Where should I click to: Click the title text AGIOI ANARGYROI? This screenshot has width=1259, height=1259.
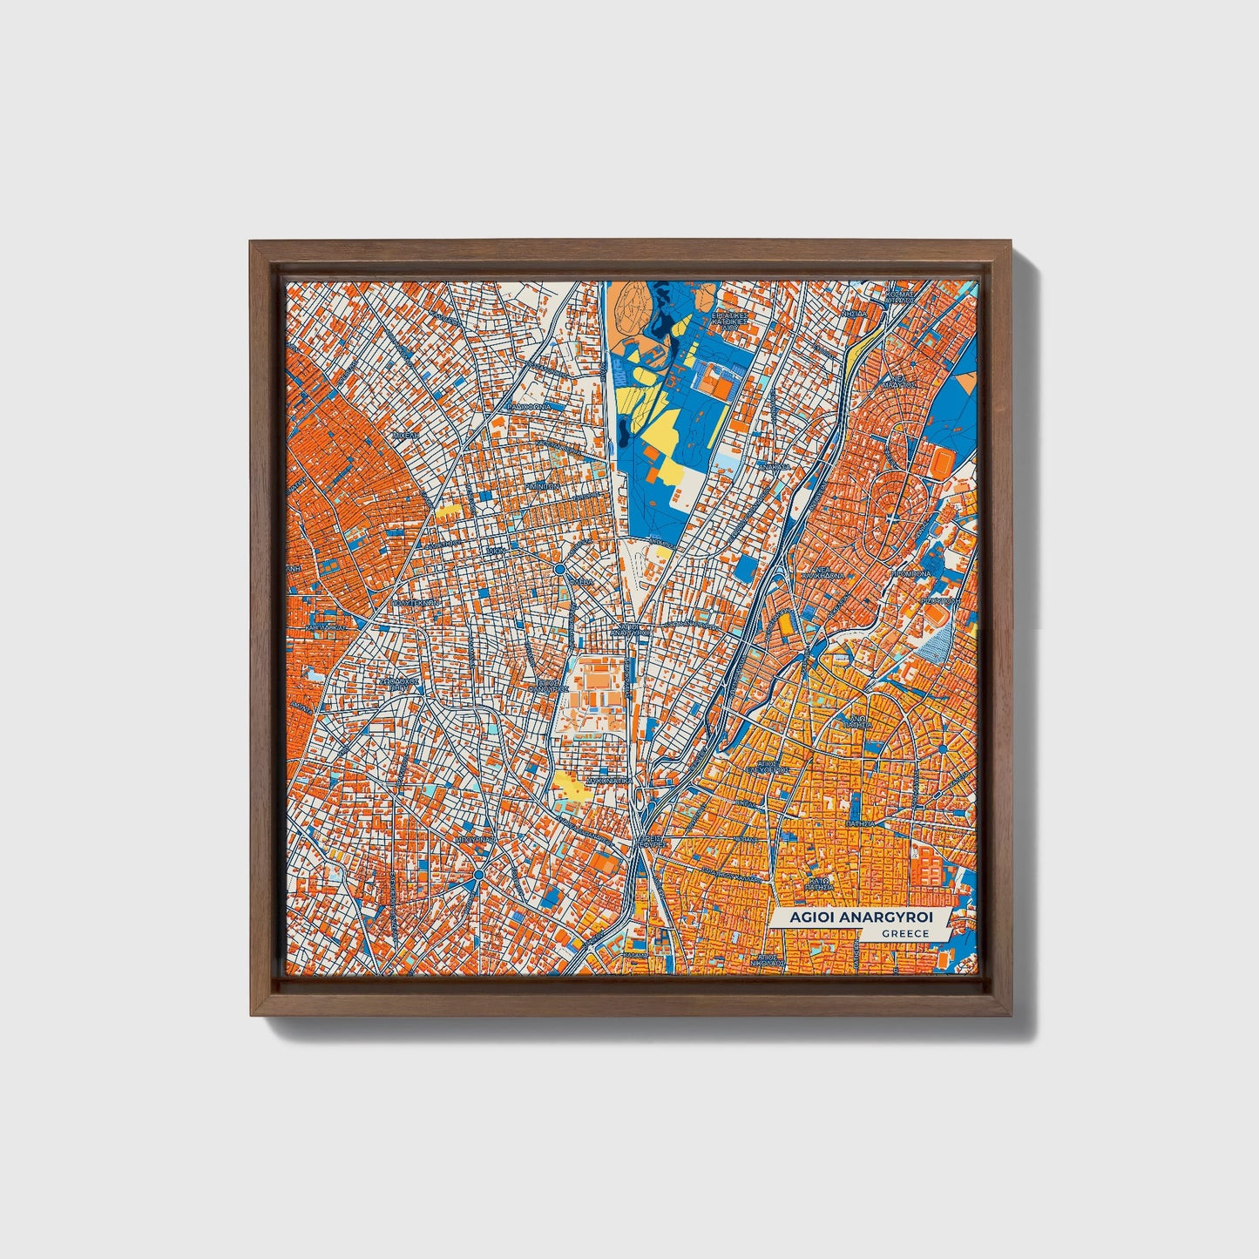(860, 918)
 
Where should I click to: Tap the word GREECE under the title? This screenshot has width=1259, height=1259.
(904, 934)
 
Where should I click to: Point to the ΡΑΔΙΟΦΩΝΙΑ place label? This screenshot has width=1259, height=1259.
(529, 406)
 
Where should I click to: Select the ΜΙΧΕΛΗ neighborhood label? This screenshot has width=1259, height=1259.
(405, 433)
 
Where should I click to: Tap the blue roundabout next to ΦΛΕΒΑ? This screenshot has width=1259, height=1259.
(558, 569)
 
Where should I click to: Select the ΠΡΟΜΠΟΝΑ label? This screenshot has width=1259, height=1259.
(910, 574)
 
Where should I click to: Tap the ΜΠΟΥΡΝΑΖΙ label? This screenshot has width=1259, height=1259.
(475, 839)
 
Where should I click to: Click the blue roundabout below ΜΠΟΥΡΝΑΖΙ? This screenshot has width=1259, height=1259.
(478, 874)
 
